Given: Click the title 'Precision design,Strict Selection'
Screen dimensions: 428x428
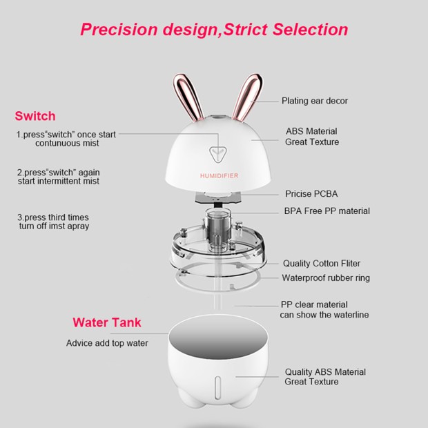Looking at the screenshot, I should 214,30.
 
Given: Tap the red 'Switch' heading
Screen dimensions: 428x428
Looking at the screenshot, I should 35,116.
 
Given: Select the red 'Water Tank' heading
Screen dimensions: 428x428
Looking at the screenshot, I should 107,322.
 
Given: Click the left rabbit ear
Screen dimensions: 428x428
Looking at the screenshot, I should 187,97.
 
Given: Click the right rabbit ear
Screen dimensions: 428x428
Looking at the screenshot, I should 246,97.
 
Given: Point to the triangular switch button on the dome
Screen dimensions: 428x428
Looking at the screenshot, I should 218,153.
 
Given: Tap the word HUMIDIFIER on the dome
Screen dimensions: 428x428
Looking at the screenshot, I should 219,176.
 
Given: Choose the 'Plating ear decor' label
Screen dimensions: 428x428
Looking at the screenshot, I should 314,101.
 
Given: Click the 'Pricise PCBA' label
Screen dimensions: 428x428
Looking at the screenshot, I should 311,194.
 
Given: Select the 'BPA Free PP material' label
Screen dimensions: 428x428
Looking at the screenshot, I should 327,211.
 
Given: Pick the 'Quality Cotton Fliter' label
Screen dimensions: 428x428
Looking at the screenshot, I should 321,263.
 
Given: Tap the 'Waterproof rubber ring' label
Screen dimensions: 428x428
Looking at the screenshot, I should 326,278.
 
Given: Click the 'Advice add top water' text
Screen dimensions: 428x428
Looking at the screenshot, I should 107,343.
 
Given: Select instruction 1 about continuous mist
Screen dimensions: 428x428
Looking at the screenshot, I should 66,139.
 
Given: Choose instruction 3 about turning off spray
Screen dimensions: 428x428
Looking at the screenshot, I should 53,222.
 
